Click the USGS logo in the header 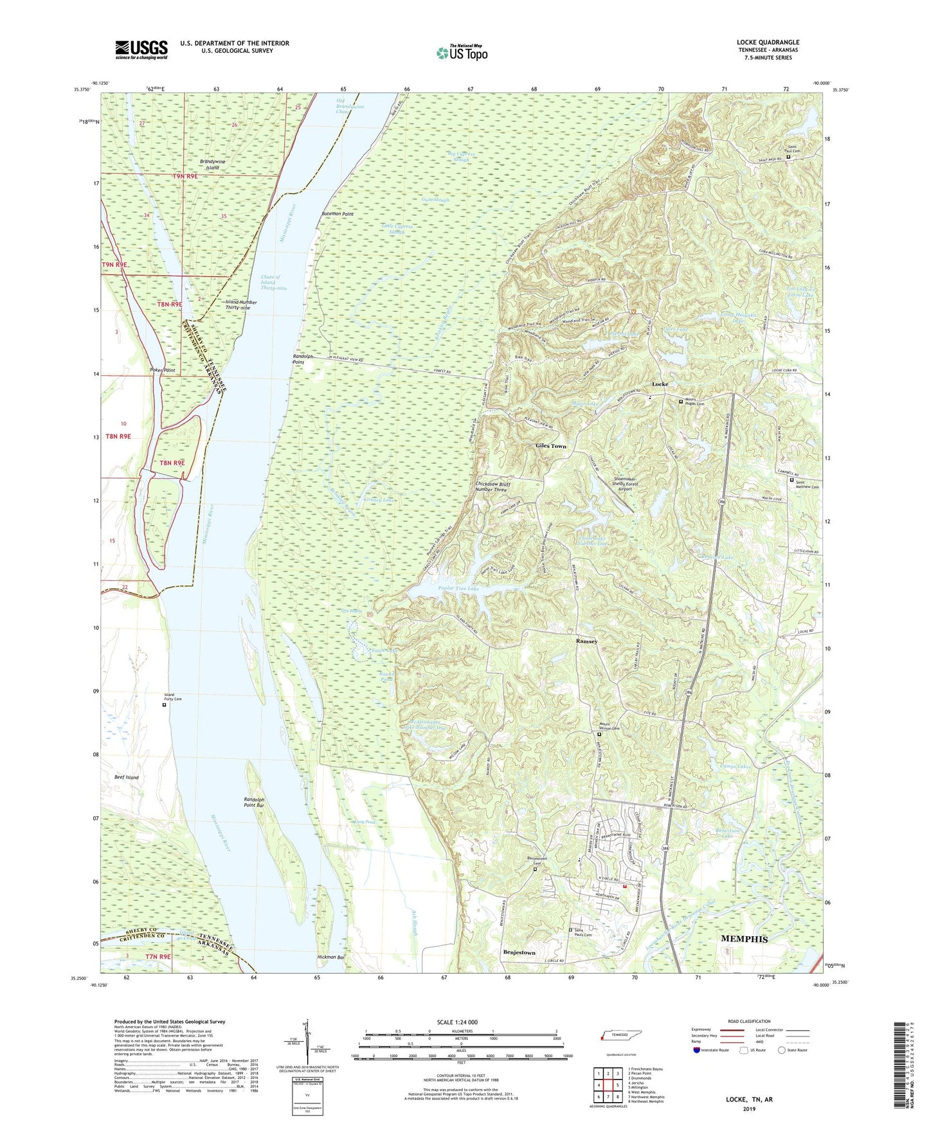141,49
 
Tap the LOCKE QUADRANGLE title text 768,42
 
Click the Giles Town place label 551,446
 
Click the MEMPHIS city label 744,939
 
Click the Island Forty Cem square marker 164,705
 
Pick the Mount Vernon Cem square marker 599,735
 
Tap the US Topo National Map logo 461,53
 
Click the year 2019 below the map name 749,1109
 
